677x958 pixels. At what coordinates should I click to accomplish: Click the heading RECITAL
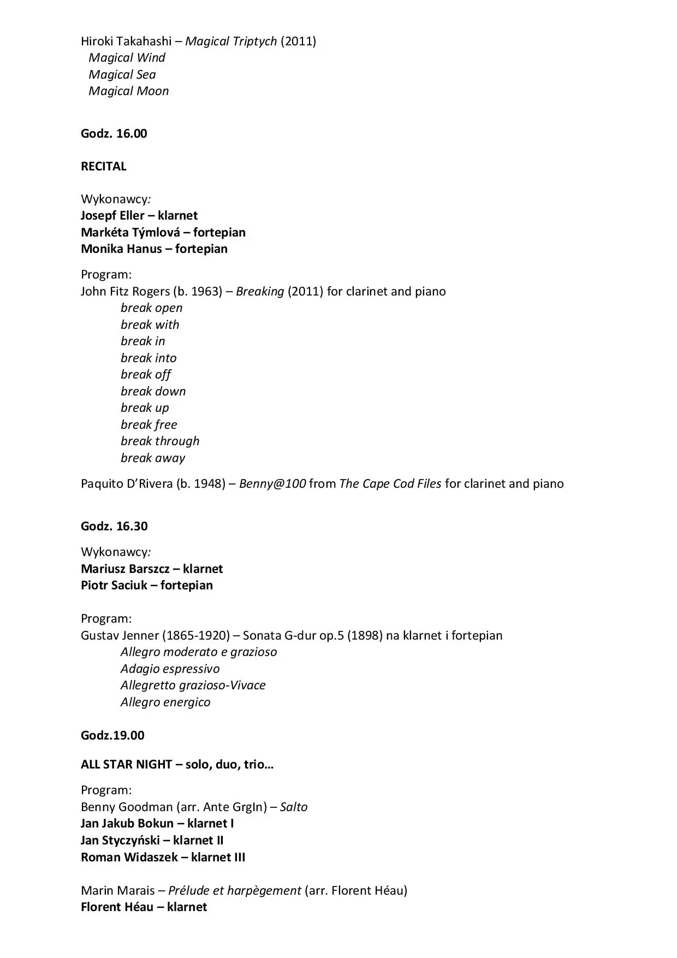click(104, 167)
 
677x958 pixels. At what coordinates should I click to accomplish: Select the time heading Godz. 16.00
click(114, 134)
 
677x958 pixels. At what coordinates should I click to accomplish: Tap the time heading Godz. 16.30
click(114, 526)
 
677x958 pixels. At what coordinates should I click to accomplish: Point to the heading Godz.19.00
click(112, 735)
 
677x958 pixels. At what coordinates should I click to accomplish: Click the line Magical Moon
click(129, 91)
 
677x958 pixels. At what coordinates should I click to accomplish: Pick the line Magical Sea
click(122, 74)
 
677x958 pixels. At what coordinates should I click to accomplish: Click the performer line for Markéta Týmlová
click(163, 232)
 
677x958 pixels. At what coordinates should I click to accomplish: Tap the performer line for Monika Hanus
click(154, 249)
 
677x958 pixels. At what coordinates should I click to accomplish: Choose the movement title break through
click(160, 441)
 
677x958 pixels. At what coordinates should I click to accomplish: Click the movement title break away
click(153, 458)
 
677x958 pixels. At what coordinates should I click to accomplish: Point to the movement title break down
click(153, 391)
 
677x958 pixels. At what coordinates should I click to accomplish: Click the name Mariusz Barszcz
click(125, 569)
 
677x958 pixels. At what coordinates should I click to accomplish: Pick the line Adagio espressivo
click(170, 669)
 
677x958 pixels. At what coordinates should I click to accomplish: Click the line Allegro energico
click(165, 702)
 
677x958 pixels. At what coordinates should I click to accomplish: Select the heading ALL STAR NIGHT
click(126, 764)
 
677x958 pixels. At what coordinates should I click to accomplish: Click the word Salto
click(294, 807)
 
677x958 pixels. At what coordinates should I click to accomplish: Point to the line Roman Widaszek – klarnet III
click(163, 857)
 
